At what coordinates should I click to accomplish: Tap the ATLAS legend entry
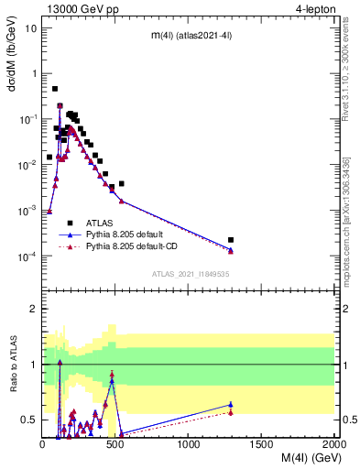pyautogui.click(x=101, y=223)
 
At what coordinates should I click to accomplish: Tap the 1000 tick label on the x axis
pyautogui.click(x=189, y=445)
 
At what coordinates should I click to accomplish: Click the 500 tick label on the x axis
pyautogui.click(x=115, y=445)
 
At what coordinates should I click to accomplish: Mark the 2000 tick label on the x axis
pyautogui.click(x=333, y=445)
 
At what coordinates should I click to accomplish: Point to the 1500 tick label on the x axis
pyautogui.click(x=262, y=445)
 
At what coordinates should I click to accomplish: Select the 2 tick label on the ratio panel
pyautogui.click(x=34, y=309)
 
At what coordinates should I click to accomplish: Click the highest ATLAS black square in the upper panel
pyautogui.click(x=55, y=89)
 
